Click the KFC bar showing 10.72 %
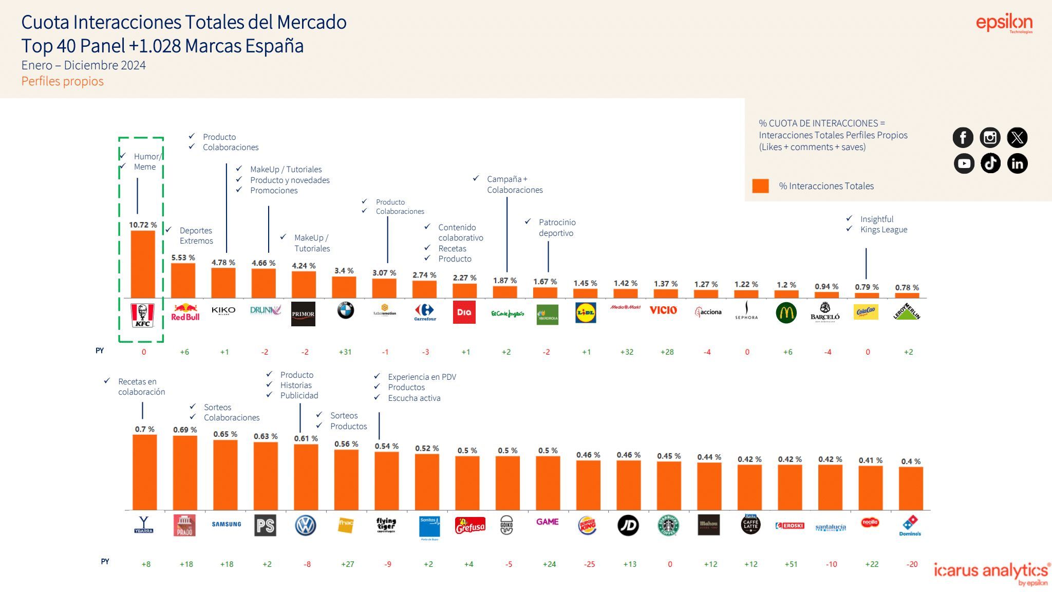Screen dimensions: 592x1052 point(143,264)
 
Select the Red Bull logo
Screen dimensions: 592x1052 point(185,312)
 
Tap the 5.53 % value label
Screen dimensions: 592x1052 point(183,257)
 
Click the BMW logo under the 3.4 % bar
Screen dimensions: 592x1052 point(345,310)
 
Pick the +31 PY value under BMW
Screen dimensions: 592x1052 point(345,352)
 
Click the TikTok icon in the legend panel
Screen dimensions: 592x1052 point(990,163)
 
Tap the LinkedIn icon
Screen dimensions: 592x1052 point(1017,163)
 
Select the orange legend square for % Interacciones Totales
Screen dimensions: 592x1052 point(760,186)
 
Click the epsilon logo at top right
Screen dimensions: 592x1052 point(1004,23)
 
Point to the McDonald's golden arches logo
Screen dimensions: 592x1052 point(786,312)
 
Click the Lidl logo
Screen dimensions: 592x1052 point(586,312)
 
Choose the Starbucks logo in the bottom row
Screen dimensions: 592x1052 point(668,525)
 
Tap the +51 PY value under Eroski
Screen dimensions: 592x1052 point(791,564)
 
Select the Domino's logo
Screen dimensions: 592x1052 point(910,525)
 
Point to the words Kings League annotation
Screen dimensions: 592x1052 point(884,230)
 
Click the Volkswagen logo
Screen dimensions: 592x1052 point(306,525)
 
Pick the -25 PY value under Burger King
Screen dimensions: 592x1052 point(589,564)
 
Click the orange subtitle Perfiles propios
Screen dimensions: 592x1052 point(62,81)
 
